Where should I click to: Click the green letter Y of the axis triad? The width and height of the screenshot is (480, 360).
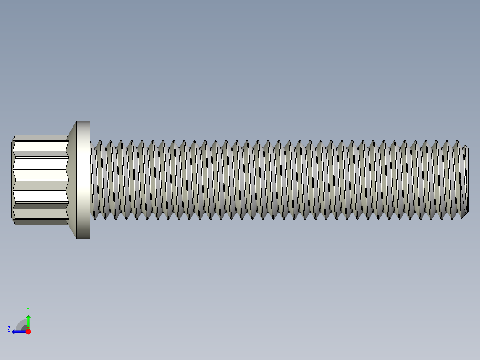28,309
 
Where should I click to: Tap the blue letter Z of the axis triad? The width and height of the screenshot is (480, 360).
9,329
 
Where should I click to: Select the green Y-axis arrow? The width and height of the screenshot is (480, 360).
28,321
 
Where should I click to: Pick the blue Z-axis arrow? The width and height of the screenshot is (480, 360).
19,331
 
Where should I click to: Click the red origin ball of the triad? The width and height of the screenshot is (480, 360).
28,331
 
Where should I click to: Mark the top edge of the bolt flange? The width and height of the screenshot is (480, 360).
83,121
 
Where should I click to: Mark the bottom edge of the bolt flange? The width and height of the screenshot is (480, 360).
83,238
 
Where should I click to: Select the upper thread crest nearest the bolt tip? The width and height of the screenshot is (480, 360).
457,142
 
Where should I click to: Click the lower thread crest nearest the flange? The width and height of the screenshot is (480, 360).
98,217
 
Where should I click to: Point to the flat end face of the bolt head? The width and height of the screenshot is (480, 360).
12,180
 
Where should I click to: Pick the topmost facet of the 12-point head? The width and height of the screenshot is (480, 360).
40,138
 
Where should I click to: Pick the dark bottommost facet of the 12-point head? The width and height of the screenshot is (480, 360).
40,222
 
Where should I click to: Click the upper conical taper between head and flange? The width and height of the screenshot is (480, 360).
72,130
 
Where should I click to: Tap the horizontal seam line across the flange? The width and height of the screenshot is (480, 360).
83,180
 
